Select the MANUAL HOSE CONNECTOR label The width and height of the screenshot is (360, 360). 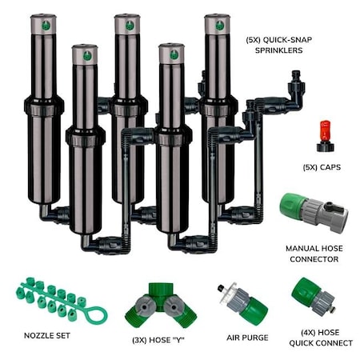314,253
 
